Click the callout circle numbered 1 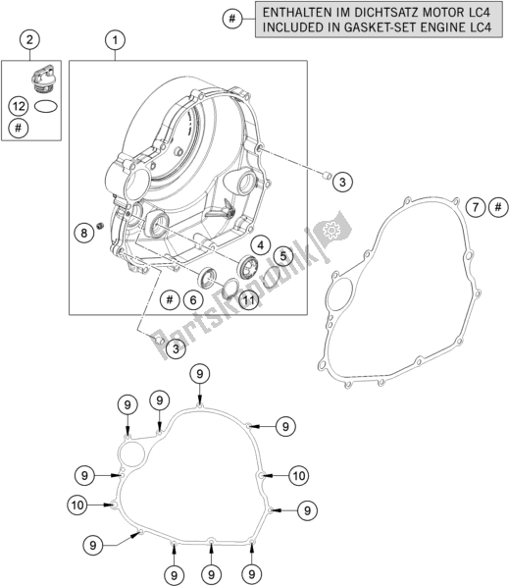click(115, 40)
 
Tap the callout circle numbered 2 click(29, 39)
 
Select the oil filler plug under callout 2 click(42, 79)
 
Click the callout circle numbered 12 click(19, 107)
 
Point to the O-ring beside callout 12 click(46, 107)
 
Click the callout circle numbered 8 click(83, 233)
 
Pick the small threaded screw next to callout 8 click(100, 226)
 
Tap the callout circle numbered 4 click(260, 245)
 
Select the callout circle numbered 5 click(283, 256)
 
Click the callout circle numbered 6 click(192, 300)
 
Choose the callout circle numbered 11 click(249, 300)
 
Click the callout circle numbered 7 click(476, 207)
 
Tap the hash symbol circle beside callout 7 click(498, 207)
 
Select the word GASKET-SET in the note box click(390, 27)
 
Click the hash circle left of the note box click(232, 19)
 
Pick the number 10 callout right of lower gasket click(299, 476)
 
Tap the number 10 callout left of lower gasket click(77, 506)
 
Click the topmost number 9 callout click(200, 374)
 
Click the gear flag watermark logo click(332, 229)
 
